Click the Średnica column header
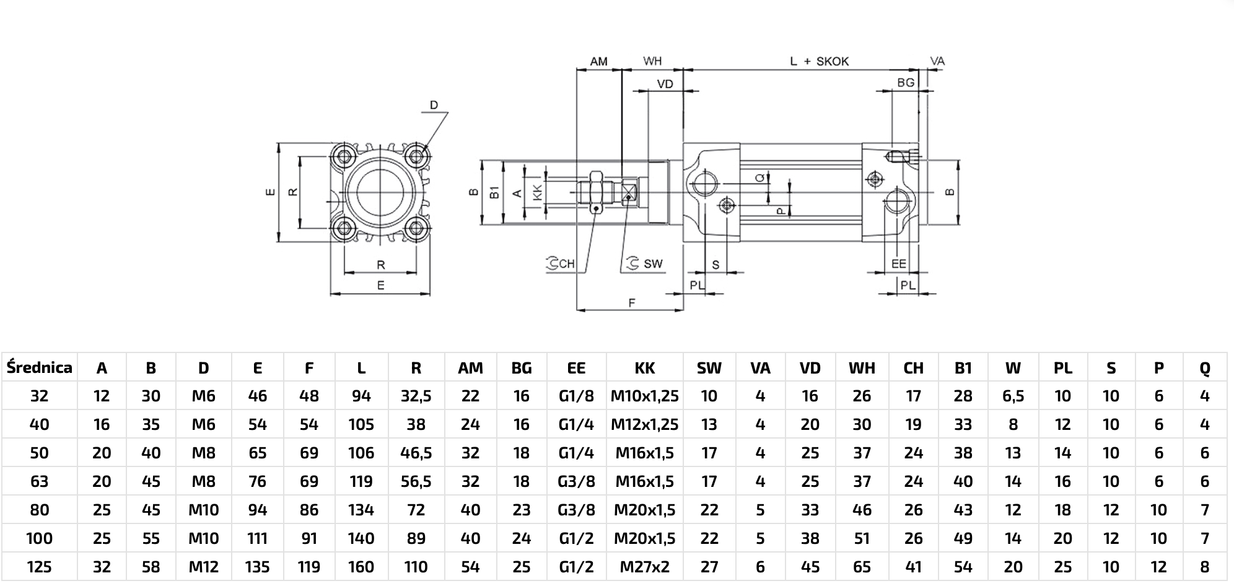(39, 368)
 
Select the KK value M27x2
(644, 567)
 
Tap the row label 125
(39, 567)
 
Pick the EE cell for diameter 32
(576, 396)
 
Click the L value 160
(361, 567)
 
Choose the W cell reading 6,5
(1013, 396)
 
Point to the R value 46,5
(416, 453)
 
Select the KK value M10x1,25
(644, 396)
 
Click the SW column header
(709, 368)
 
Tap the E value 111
(257, 538)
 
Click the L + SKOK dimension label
(819, 61)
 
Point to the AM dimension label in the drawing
(598, 61)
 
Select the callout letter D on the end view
(434, 105)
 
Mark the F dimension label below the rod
(631, 302)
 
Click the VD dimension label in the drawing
(665, 84)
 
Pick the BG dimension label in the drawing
(905, 82)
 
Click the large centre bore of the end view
(380, 193)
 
